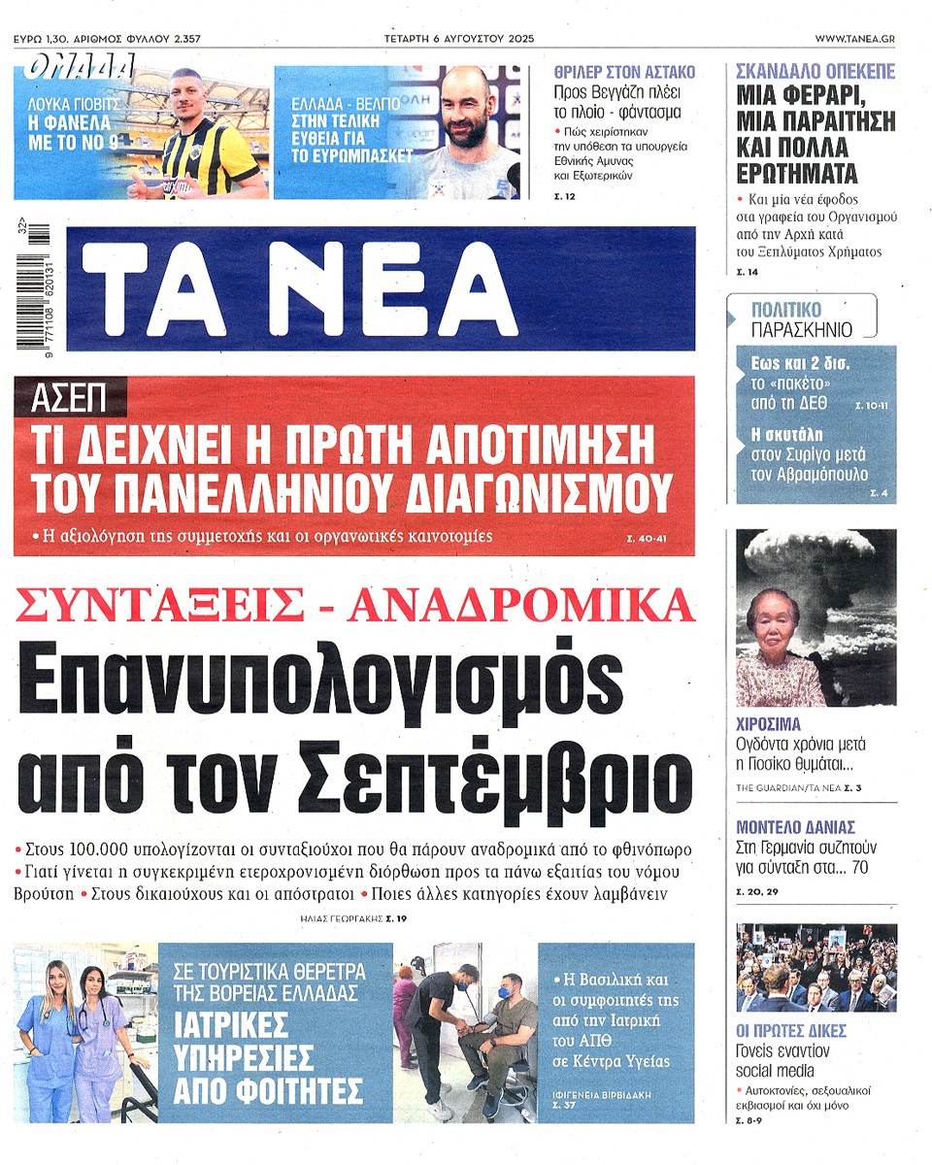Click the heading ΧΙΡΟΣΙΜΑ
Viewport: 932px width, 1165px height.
768,723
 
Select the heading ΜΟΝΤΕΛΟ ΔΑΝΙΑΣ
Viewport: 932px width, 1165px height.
795,827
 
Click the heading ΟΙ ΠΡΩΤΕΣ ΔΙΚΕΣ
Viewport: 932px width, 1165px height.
791,1030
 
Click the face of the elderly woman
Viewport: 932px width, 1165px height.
773,618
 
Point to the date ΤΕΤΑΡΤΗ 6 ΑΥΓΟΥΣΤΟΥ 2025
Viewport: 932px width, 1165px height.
458,38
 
